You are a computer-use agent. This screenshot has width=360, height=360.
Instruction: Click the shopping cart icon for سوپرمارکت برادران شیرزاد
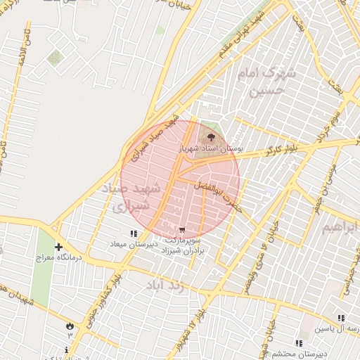click(x=183, y=230)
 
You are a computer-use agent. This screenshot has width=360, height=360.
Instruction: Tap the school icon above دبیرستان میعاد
click(x=134, y=233)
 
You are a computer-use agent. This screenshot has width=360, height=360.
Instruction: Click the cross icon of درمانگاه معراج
click(x=58, y=247)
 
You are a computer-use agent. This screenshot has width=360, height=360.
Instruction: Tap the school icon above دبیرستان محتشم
click(x=299, y=344)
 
